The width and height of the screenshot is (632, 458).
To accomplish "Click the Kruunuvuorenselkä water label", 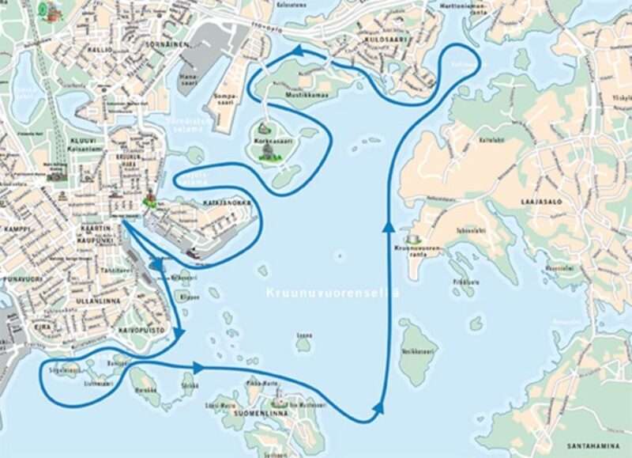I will [x=331, y=293].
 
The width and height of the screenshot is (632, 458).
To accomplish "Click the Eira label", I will [x=36, y=324].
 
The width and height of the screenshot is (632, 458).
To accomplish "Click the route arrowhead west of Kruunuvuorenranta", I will [x=387, y=227].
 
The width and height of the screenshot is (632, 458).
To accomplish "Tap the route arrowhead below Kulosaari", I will [x=299, y=51].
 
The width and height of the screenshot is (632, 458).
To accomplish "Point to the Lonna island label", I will [x=303, y=335].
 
